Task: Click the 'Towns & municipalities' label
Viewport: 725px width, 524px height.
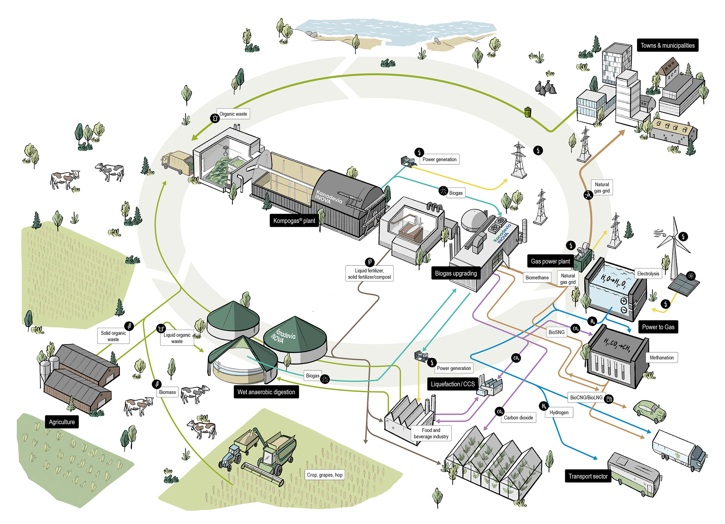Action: tap(667, 45)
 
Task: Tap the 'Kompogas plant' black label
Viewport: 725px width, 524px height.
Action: tap(294, 220)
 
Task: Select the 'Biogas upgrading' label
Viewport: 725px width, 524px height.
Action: tap(455, 273)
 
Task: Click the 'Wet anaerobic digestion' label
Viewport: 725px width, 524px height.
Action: tap(266, 392)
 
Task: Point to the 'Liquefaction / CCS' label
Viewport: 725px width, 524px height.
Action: tap(453, 384)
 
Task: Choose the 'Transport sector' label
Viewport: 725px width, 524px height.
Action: tap(587, 476)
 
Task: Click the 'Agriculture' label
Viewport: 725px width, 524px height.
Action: tap(62, 422)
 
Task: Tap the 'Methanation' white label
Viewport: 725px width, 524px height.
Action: tap(661, 358)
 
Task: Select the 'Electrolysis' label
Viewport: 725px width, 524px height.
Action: tap(648, 273)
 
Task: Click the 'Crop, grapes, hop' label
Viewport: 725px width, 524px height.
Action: tap(325, 475)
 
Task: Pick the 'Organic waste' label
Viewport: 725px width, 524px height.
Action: tap(233, 114)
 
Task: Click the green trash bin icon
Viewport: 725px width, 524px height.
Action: tap(528, 112)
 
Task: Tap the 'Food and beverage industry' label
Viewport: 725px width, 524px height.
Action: tap(431, 433)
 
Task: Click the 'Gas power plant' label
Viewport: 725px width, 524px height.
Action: tap(550, 261)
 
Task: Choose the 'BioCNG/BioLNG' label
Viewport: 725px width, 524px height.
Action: tap(586, 397)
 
